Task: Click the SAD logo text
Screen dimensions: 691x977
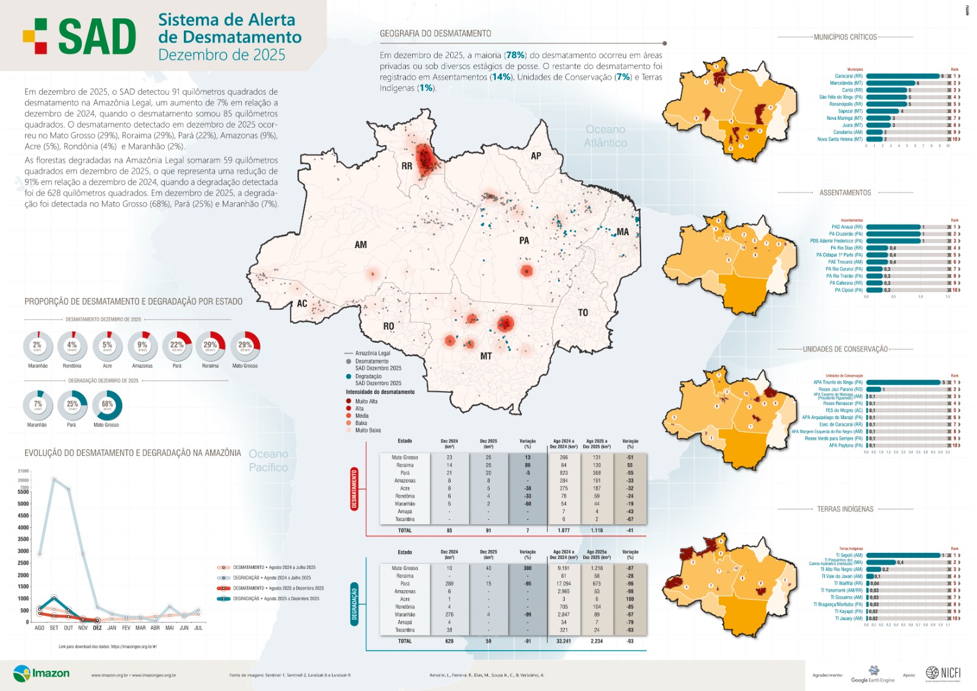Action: [x=96, y=37]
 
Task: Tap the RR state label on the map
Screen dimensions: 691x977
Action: [x=407, y=166]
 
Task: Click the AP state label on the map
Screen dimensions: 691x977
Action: [x=536, y=156]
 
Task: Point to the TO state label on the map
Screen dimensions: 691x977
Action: [x=583, y=313]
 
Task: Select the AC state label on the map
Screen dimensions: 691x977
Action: [x=302, y=304]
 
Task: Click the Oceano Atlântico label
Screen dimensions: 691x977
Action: [x=605, y=136]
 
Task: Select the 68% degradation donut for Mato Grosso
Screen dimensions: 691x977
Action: [x=107, y=405]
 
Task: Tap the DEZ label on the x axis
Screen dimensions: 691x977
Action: [x=97, y=628]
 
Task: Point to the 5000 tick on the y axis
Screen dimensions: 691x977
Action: [x=23, y=504]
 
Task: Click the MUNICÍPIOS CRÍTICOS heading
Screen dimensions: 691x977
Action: [x=845, y=37]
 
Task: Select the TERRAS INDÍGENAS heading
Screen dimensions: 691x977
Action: [x=845, y=509]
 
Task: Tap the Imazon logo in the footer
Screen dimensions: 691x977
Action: [x=41, y=673]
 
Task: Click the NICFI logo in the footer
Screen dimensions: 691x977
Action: [x=943, y=673]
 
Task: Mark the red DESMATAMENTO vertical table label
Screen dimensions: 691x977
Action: [x=354, y=489]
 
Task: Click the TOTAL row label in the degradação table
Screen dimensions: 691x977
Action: [x=405, y=641]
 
